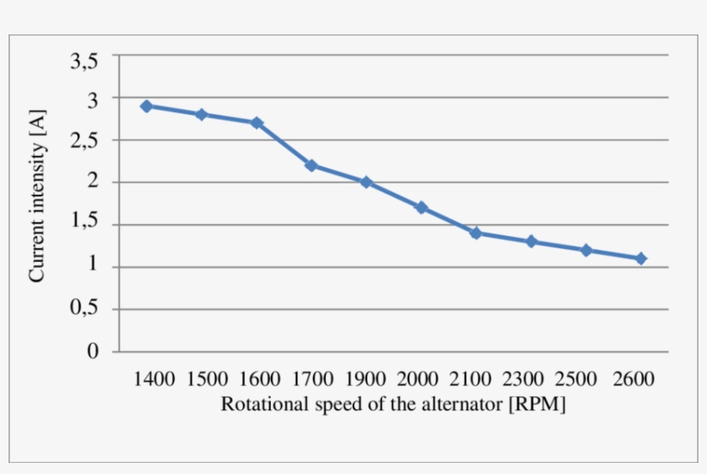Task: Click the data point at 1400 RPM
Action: point(147,106)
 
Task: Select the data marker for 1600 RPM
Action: point(256,122)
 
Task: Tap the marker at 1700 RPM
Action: point(311,165)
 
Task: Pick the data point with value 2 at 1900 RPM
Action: point(366,182)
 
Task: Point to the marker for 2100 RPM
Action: point(476,233)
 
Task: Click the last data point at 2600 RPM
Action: point(641,259)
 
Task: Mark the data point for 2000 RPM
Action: point(421,208)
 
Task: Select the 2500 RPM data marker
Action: point(586,250)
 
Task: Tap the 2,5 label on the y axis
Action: point(84,140)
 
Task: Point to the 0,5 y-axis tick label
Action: point(84,309)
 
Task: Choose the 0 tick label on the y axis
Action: point(93,352)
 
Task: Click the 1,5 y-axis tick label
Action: point(84,225)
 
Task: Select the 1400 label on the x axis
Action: point(154,379)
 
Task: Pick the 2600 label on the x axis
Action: point(634,379)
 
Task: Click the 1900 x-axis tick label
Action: point(366,379)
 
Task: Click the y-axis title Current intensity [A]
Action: point(37,195)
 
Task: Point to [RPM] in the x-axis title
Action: point(538,404)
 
